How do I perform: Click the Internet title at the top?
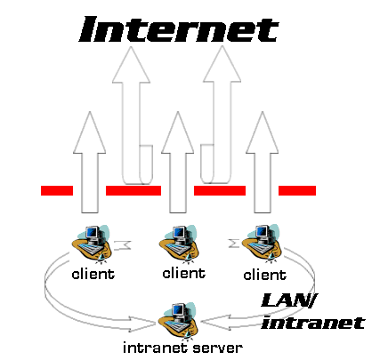(x=179, y=29)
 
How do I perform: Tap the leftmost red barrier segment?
(x=57, y=190)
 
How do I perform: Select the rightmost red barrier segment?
(x=297, y=190)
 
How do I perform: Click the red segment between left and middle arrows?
(x=133, y=190)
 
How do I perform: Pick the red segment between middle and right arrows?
(x=220, y=190)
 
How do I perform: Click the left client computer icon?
(x=92, y=244)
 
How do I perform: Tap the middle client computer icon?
(x=179, y=244)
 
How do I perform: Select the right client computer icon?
(x=262, y=243)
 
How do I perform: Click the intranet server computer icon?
(x=178, y=321)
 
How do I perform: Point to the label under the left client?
(x=93, y=274)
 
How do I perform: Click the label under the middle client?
(x=184, y=273)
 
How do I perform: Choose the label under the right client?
(x=265, y=275)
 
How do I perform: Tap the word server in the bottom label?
(x=217, y=348)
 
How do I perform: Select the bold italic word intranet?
(x=313, y=323)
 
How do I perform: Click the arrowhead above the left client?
(x=90, y=132)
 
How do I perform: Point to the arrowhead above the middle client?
(x=178, y=132)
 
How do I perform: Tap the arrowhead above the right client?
(x=263, y=132)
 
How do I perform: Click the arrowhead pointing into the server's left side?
(x=142, y=324)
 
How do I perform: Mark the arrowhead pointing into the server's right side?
(x=216, y=322)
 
